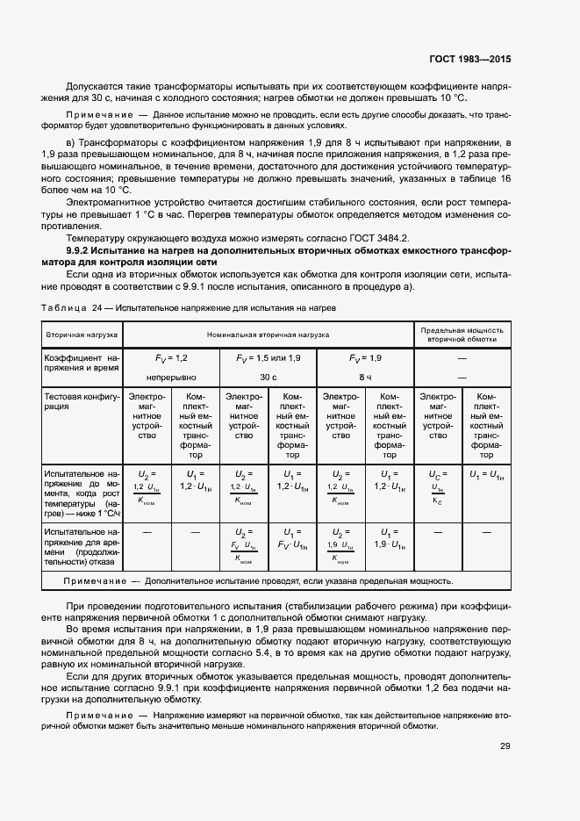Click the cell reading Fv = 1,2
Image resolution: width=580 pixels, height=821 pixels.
[x=172, y=359]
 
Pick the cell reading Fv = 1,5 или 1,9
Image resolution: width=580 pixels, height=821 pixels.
[x=268, y=359]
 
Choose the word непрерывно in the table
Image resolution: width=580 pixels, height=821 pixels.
[x=172, y=377]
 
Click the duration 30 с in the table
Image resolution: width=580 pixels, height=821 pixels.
[x=268, y=377]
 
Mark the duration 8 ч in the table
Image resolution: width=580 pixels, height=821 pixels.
[x=365, y=377]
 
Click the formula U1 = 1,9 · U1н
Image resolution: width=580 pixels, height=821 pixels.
[x=390, y=538]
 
